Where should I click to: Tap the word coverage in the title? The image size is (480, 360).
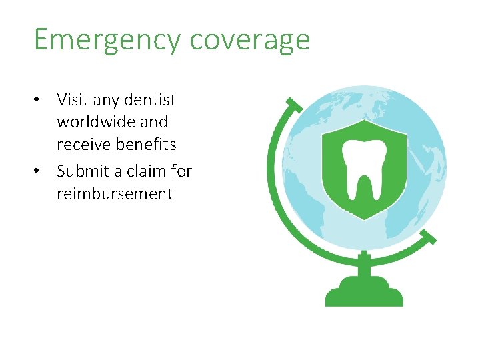[x=249, y=41]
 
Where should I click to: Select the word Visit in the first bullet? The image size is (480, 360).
[x=72, y=100]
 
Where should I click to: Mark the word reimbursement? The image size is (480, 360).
[x=115, y=194]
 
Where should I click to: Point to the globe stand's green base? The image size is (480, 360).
[x=364, y=293]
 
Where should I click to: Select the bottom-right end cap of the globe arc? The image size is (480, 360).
[x=429, y=237]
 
